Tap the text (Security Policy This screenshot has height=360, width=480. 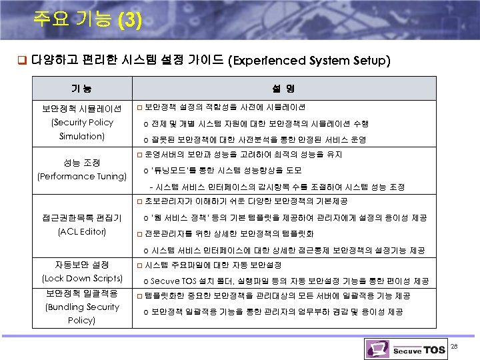83,122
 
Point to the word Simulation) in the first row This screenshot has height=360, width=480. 82,136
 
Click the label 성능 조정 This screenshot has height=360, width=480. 82,163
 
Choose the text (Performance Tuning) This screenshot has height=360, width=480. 82,177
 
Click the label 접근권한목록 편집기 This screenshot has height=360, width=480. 82,218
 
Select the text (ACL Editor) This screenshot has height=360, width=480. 82,231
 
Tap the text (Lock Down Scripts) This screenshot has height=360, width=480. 82,278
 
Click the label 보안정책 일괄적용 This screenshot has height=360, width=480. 82,293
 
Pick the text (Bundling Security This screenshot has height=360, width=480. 82,307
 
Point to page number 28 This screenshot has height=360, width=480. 455,345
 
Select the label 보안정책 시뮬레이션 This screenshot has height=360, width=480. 82,108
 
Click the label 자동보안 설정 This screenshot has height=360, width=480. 82,265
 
